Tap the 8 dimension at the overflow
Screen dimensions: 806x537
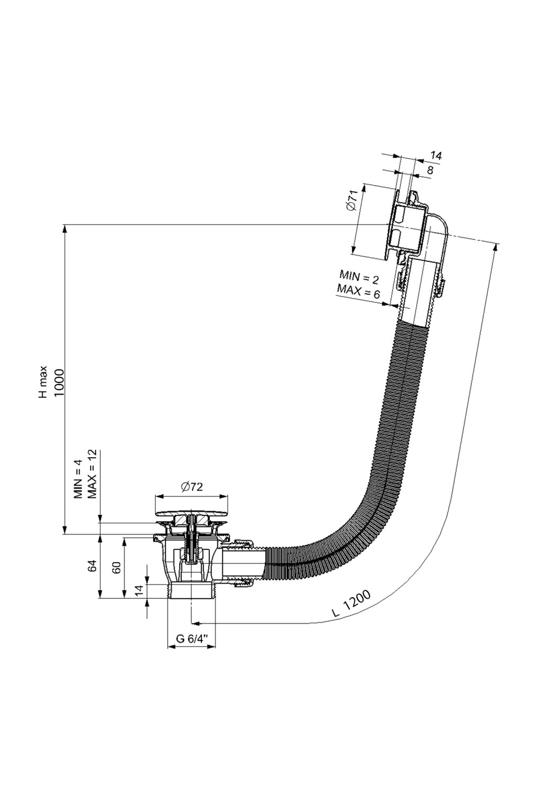point(430,169)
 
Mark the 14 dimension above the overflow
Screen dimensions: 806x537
point(436,155)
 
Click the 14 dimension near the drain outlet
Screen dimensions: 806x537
point(139,590)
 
